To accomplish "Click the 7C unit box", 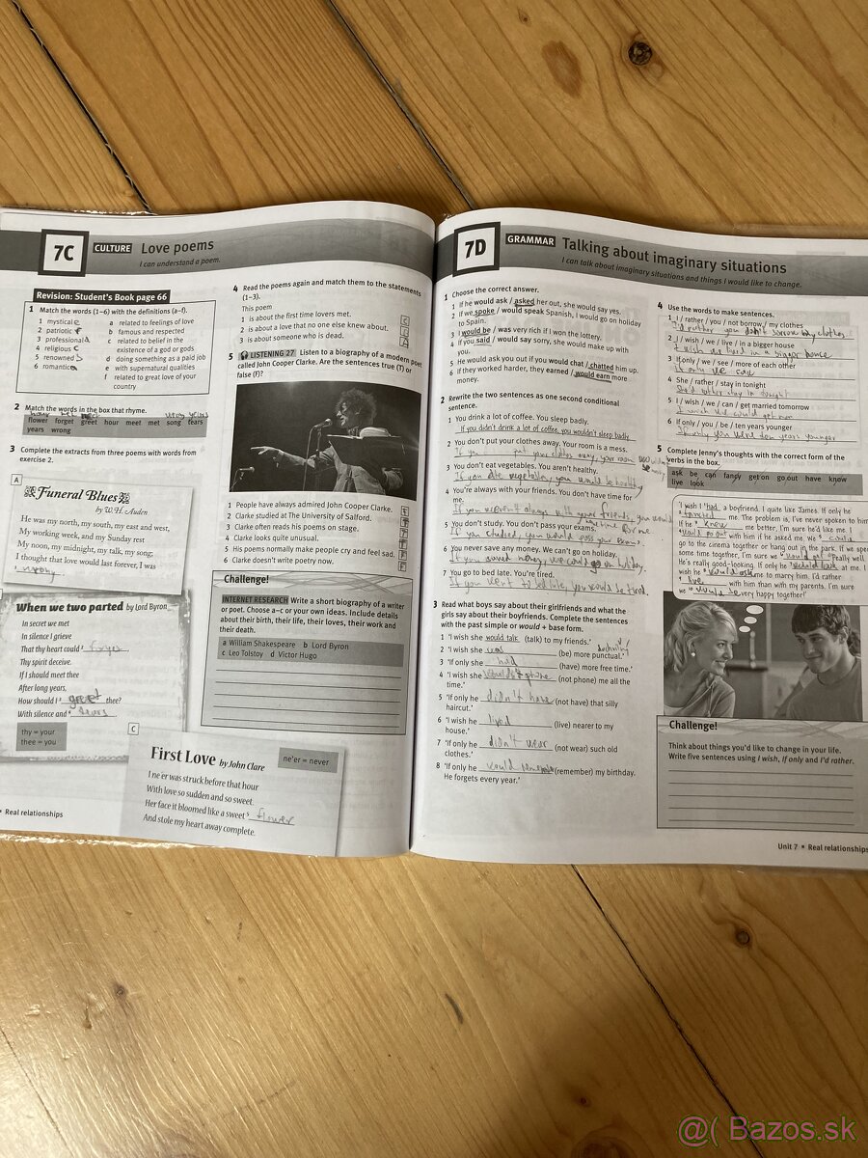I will (64, 254).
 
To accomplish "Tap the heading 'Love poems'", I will (177, 247).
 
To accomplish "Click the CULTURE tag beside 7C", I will (112, 248).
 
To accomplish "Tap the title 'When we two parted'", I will (69, 607).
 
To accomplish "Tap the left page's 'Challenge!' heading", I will (246, 579).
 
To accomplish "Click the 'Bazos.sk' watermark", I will (763, 1128).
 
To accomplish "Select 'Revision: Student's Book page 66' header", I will (101, 296).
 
